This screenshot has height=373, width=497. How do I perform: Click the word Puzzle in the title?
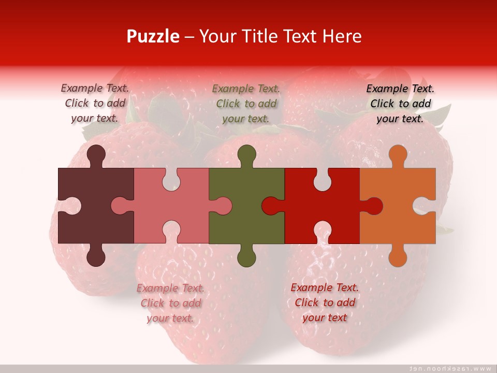coord(153,36)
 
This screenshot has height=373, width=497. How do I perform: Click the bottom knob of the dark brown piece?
coord(96,256)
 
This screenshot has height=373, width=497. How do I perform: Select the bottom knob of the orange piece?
coord(398,256)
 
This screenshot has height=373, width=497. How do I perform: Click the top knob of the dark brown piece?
coord(96,155)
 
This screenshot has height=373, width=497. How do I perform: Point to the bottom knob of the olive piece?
coord(246,256)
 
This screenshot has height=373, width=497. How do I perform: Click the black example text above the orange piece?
coord(400,104)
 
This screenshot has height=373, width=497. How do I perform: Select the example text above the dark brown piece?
coord(95,103)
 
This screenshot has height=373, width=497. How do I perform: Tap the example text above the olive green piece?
coord(246,104)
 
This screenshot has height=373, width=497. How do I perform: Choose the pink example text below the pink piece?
coord(170,303)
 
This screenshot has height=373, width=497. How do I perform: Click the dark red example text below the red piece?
coord(325,303)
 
